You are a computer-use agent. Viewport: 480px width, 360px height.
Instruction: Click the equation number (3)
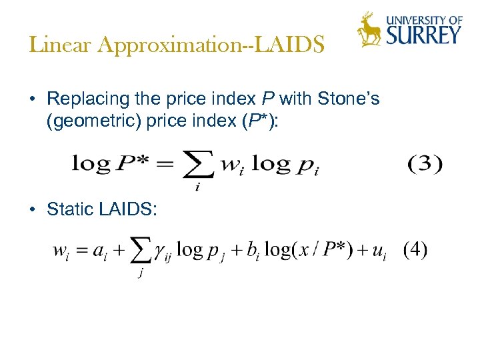tap(424, 163)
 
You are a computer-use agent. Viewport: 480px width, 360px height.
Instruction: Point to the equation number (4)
tap(415, 250)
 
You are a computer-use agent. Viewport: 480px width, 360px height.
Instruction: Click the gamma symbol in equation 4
tap(160, 253)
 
